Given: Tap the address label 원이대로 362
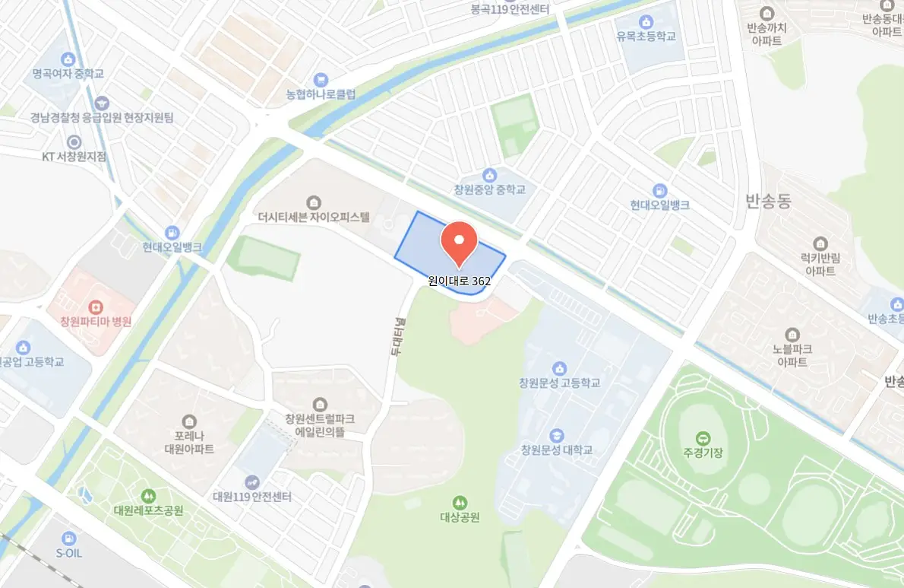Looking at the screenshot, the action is click(459, 281).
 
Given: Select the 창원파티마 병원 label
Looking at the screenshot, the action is click(96, 322).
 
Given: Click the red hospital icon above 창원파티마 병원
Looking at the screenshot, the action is click(96, 307).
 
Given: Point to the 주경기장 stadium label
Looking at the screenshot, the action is click(702, 452).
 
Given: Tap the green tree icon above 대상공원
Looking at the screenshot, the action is click(460, 503).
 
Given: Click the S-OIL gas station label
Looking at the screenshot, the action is click(69, 553).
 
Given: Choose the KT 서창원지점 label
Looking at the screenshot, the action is click(74, 157).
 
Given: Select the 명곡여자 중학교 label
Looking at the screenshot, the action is click(68, 74).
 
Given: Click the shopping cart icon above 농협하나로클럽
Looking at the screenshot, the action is click(321, 80).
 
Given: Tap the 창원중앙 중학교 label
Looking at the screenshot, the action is click(489, 189).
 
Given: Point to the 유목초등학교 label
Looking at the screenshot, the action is click(646, 36).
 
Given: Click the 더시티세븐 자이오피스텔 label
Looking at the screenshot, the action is click(313, 217).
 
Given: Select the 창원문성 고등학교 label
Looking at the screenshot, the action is click(560, 383).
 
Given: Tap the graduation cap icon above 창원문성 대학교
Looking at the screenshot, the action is click(557, 435).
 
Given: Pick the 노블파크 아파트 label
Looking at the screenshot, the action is click(792, 356).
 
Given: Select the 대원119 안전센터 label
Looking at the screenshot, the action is click(252, 496).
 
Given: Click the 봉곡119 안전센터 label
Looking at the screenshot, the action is click(510, 10).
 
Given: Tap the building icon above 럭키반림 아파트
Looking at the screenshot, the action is click(820, 244).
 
